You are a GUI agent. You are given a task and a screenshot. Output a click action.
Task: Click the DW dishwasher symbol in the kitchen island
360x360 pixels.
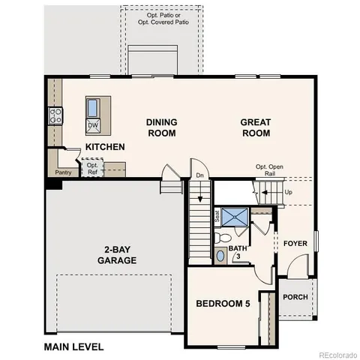(x=93, y=124)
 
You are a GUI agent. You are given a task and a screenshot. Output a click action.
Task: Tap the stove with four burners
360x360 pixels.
(x=55, y=115)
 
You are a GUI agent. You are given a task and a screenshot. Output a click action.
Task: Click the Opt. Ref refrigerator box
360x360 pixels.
(x=92, y=169)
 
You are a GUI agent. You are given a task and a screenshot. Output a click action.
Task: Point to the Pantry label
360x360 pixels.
(x=63, y=172)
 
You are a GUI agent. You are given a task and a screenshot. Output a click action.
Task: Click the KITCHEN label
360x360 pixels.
(x=105, y=147)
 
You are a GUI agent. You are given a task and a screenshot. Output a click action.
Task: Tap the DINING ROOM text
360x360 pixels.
(x=160, y=127)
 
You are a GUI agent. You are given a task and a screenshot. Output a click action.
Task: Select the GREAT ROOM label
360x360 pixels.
(x=255, y=127)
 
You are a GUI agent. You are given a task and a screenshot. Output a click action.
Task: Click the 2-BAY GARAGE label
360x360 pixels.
(x=116, y=256)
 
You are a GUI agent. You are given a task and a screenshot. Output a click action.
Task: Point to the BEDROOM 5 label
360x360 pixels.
(x=223, y=304)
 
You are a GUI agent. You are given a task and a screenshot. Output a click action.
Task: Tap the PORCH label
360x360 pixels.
(x=295, y=297)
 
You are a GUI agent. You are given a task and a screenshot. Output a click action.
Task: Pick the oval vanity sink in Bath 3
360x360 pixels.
(x=220, y=256)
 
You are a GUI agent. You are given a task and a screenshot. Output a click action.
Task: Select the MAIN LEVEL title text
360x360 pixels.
(x=73, y=346)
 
